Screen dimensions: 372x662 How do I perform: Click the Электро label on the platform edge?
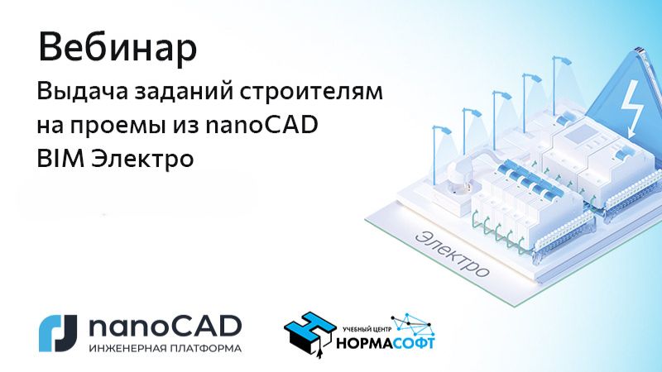click(453, 253)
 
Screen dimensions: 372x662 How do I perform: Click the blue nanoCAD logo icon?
click(58, 331)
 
